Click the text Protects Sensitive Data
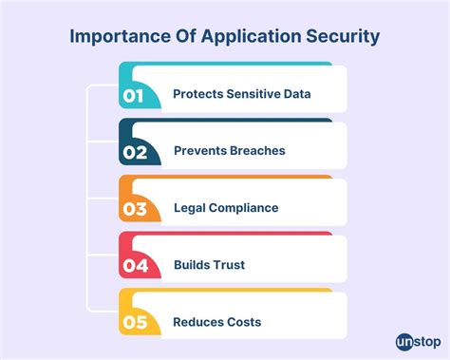click(241, 94)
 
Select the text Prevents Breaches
click(230, 151)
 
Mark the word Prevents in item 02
click(199, 151)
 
